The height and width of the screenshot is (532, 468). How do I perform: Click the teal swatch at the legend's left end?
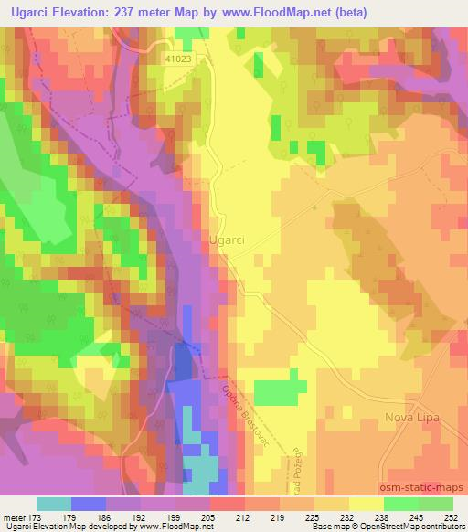click(53, 505)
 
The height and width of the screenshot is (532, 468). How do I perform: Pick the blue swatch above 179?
click(88, 505)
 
